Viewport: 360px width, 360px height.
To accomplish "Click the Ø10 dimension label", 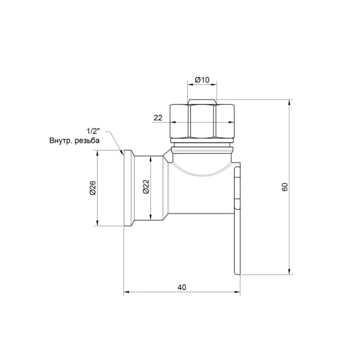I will (x=203, y=80).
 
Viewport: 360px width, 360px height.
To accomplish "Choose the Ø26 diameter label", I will (x=93, y=188).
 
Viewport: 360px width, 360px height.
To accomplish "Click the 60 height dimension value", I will (x=284, y=187).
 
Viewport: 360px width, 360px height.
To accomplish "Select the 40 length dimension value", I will (x=182, y=287).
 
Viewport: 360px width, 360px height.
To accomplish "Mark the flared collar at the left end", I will (x=127, y=187).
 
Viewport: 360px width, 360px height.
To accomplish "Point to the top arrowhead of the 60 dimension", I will (x=290, y=104).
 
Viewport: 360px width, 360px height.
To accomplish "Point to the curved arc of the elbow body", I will (x=202, y=173).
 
